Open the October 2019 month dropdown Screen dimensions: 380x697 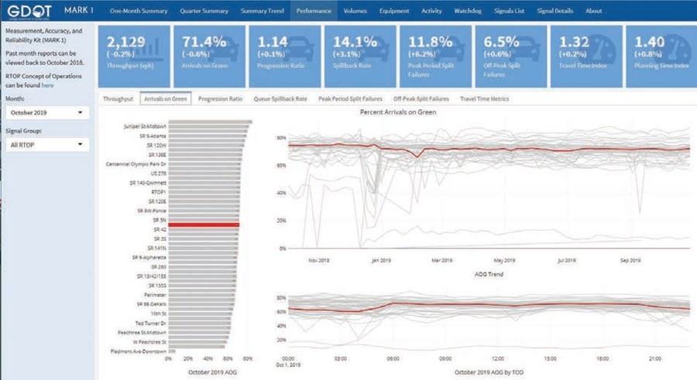pyautogui.click(x=46, y=113)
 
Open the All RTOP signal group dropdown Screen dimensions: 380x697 pyautogui.click(x=46, y=145)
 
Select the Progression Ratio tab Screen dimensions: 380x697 pyautogui.click(x=220, y=99)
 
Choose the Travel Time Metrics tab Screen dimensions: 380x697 pyautogui.click(x=484, y=99)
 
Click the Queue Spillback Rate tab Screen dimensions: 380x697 pyautogui.click(x=280, y=99)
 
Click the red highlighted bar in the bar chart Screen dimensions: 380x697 pyautogui.click(x=204, y=225)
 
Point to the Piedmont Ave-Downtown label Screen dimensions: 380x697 pyautogui.click(x=139, y=351)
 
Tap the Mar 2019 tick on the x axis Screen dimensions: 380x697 pyautogui.click(x=441, y=260)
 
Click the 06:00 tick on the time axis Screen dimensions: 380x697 pyautogui.click(x=393, y=358)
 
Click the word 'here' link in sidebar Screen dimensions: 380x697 pyautogui.click(x=47, y=85)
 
